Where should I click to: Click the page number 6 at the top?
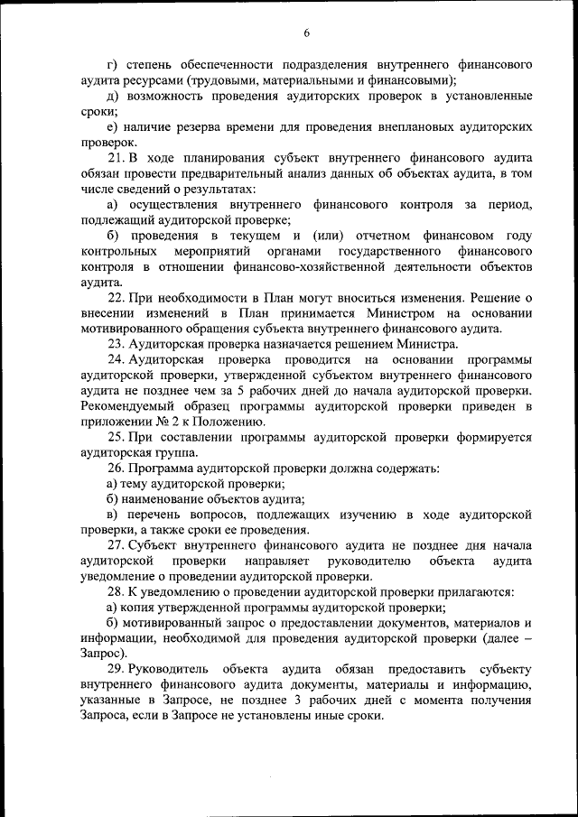305,32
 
